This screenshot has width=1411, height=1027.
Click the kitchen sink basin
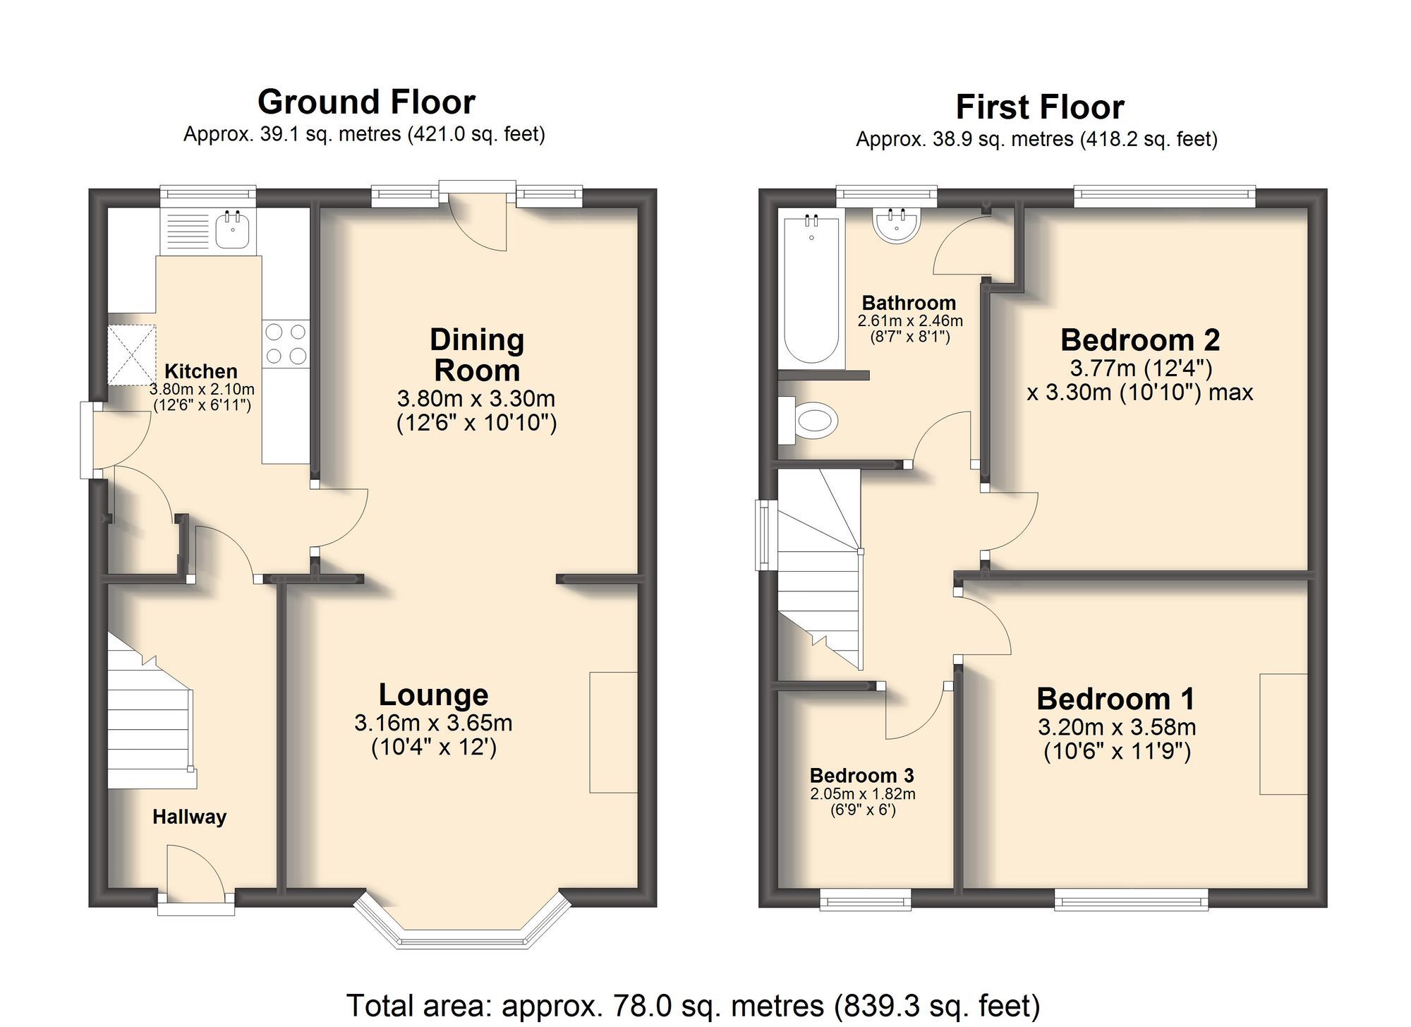(231, 231)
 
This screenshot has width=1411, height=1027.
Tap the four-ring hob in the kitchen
(286, 344)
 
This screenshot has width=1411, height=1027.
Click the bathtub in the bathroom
(811, 291)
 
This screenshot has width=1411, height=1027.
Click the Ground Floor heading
(366, 102)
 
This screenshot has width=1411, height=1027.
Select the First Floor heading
(1039, 107)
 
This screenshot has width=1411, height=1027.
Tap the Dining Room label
(477, 355)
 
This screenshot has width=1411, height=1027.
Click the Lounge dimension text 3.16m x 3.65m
(433, 723)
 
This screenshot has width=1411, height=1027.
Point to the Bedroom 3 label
(861, 776)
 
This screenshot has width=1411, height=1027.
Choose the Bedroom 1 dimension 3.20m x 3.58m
(1117, 727)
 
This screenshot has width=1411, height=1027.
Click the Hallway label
(189, 817)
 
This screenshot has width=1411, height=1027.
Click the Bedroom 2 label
(1139, 340)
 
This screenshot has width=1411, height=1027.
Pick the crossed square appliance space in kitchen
(131, 355)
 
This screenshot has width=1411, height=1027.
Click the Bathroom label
(909, 304)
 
